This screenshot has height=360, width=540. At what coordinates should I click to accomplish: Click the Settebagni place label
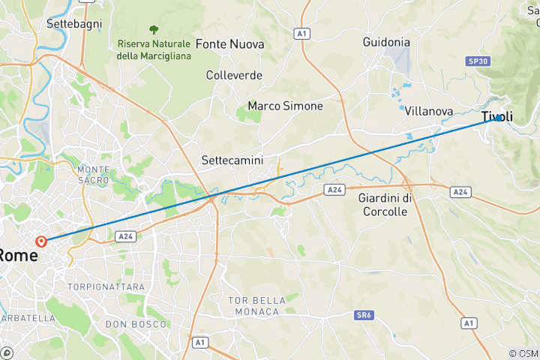pos(69,23)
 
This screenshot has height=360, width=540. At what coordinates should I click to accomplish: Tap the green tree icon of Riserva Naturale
pos(154,30)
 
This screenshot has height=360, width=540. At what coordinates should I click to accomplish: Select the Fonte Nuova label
pos(229,44)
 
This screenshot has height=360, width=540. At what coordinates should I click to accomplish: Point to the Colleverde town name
pos(234,75)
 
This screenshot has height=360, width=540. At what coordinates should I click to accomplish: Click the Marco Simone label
pos(285,106)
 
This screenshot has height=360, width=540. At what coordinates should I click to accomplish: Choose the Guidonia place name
pos(385,42)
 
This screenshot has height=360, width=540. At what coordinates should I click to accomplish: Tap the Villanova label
pos(428,111)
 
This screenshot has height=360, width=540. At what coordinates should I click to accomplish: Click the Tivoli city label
pos(497,117)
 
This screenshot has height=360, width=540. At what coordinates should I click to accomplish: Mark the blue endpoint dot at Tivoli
pos(497,117)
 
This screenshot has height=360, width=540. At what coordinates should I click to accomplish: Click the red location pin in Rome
pos(41,241)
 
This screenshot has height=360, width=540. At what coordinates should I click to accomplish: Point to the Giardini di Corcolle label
pos(383,205)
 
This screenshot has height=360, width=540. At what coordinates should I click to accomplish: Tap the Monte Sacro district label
pos(94,175)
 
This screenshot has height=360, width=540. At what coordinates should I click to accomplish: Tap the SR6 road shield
pos(363,316)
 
